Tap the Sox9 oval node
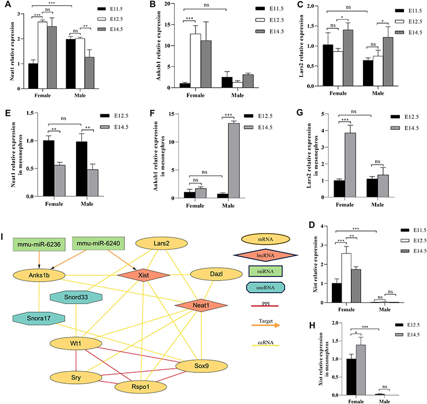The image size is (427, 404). tap(197, 366)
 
